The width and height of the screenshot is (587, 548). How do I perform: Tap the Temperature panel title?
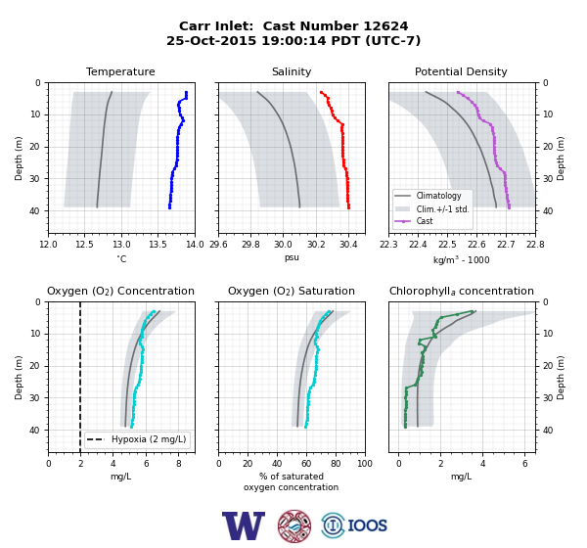click(120, 71)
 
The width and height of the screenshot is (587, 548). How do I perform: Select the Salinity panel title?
click(292, 71)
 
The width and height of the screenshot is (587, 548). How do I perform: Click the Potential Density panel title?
click(461, 71)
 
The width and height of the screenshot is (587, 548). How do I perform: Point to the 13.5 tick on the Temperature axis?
click(158, 245)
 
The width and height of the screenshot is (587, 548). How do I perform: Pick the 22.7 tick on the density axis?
click(506, 245)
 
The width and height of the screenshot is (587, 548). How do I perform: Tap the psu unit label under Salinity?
click(292, 257)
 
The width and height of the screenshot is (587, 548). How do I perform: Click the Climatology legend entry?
click(438, 196)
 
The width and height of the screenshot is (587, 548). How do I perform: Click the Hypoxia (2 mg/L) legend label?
click(149, 439)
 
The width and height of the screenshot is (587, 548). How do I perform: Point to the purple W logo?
click(244, 525)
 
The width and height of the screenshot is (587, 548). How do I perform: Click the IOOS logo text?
click(367, 525)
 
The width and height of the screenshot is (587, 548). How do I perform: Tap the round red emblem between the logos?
click(294, 525)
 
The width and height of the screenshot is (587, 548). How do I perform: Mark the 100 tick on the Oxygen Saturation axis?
click(365, 464)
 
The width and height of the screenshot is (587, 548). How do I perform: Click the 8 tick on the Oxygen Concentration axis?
click(179, 464)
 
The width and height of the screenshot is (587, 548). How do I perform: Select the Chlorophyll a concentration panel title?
click(461, 291)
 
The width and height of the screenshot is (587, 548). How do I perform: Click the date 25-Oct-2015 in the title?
click(211, 40)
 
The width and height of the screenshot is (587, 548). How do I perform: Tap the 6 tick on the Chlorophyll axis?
click(524, 464)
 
